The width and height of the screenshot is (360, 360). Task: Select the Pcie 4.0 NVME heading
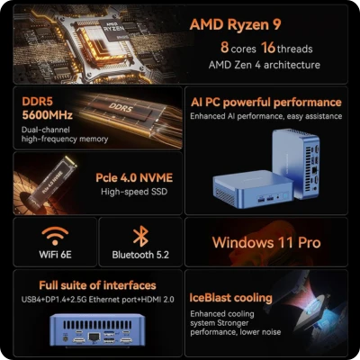(x=133, y=177)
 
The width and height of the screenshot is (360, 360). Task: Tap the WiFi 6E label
(x=56, y=256)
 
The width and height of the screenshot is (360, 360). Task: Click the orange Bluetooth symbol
(x=139, y=236)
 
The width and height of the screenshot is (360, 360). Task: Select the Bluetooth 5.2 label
(x=139, y=256)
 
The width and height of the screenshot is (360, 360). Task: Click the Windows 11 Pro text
(x=265, y=242)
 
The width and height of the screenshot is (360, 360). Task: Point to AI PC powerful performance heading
(x=267, y=102)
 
